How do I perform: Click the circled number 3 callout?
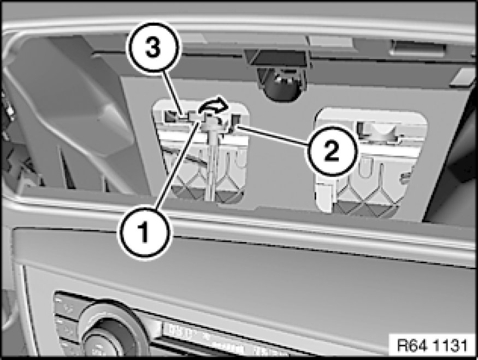pos(154,49)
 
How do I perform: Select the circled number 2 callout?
pos(332,150)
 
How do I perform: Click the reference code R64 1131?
pos(432,345)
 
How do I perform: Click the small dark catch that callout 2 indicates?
pos(235,121)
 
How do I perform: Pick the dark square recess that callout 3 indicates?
pos(172,115)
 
